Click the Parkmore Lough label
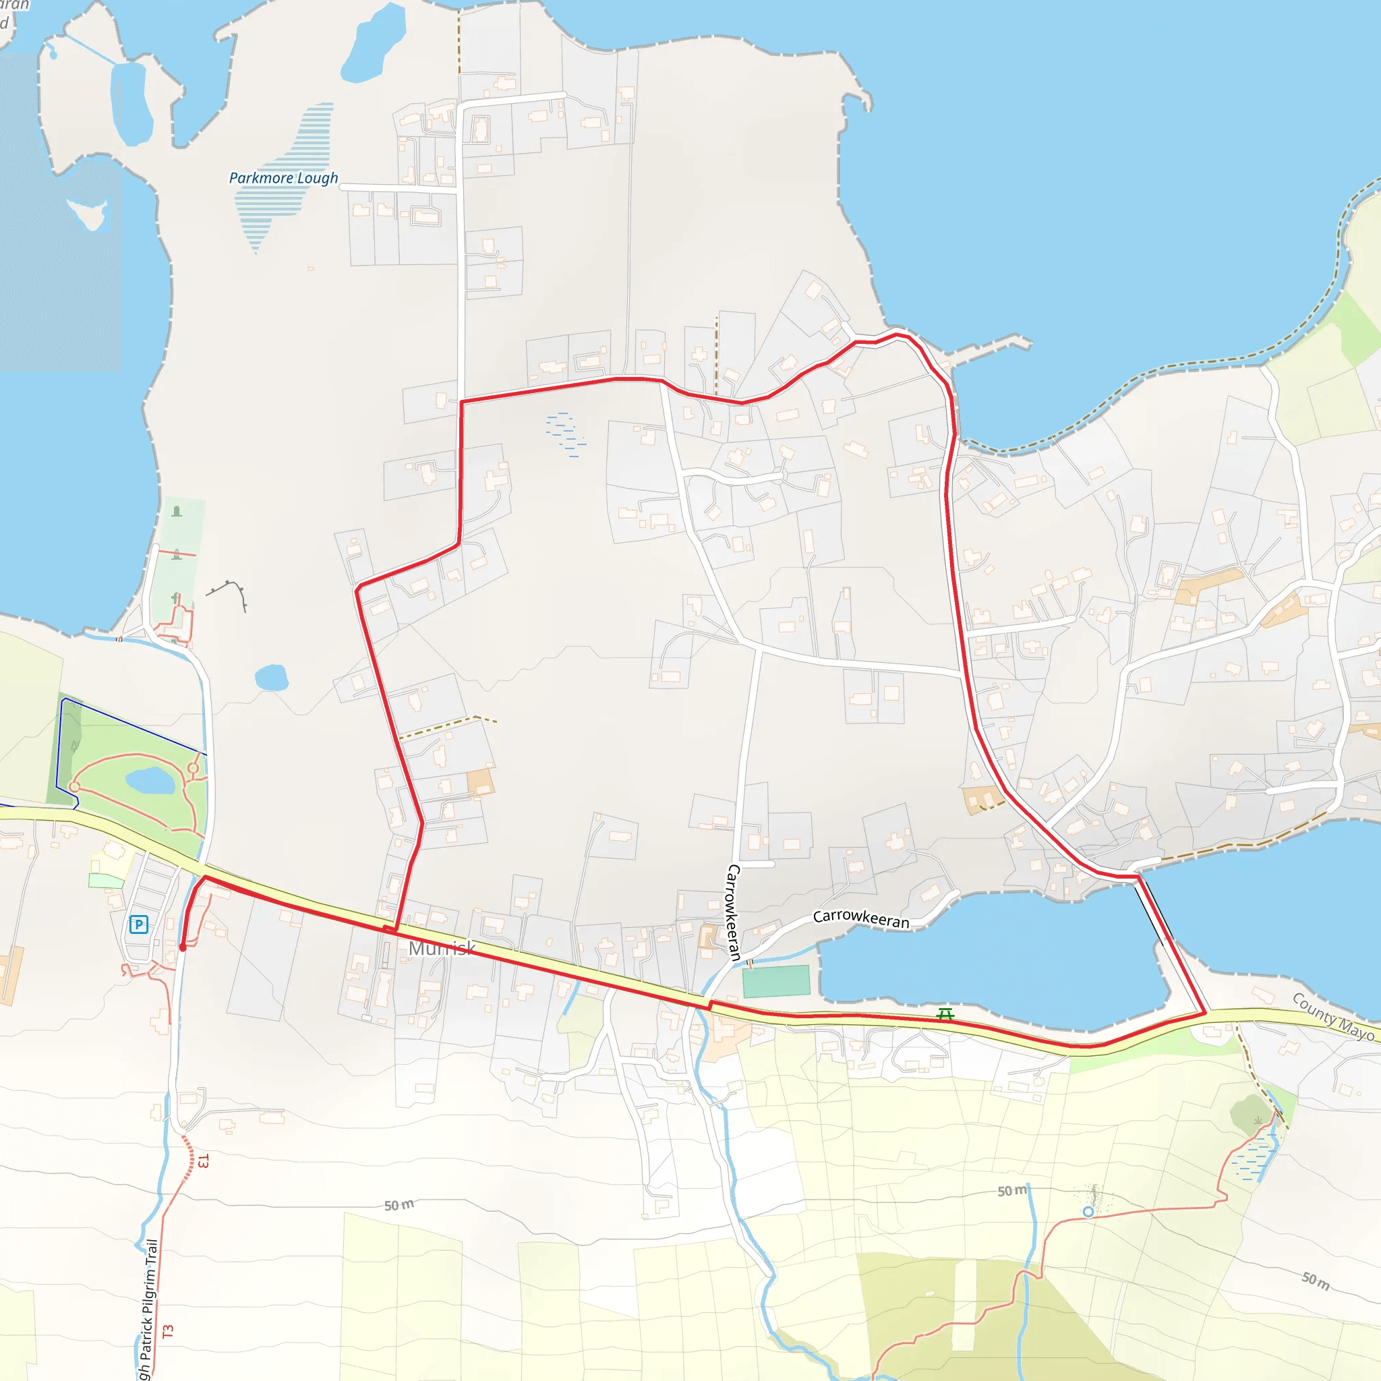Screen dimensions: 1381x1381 [x=283, y=178]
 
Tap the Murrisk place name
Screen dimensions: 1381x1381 [x=442, y=949]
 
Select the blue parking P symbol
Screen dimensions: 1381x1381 [x=139, y=924]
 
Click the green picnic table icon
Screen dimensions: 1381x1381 [x=945, y=1013]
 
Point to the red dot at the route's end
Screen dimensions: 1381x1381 [x=183, y=948]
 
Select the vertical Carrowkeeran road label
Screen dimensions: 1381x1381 [x=734, y=912]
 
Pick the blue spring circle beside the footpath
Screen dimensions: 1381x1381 [x=1088, y=1212]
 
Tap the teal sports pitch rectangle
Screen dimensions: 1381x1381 [x=776, y=980]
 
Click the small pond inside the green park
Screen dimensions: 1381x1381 [x=150, y=781]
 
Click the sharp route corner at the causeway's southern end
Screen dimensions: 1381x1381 [x=1205, y=1012]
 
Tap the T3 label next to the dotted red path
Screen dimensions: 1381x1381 [x=203, y=1161]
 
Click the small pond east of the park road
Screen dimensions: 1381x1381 [x=272, y=677]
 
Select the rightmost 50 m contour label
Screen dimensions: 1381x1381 [x=1315, y=1281]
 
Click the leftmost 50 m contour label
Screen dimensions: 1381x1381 [x=399, y=1205]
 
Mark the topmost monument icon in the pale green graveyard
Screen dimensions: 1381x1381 [x=177, y=512]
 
